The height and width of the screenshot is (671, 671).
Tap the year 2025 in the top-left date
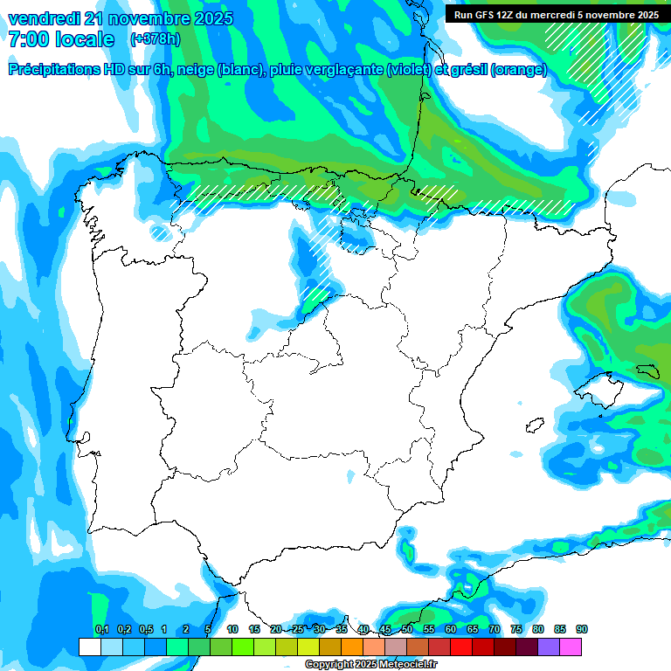tap(211, 18)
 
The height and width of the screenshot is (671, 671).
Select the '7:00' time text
tap(31, 39)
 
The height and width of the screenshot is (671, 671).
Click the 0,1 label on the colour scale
tap(101, 629)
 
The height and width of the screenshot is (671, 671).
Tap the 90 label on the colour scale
tap(582, 629)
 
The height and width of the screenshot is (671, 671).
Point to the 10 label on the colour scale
tap(232, 629)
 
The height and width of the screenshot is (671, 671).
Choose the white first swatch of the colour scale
tap(89, 647)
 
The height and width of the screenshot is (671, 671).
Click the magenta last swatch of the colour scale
tap(571, 647)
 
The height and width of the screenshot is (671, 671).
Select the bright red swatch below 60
tap(461, 647)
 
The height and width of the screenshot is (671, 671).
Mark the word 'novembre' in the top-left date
tap(143, 18)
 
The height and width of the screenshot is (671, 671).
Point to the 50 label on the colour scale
tap(407, 629)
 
